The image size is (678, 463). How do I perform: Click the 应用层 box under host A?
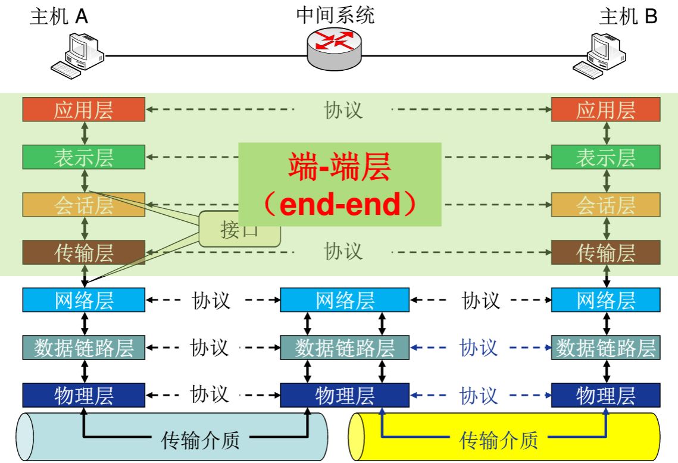pos(83,110)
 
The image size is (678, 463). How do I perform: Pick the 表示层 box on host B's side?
pos(605,158)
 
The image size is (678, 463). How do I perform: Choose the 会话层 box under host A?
pos(83,205)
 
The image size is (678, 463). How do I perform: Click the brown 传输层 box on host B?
pos(605,253)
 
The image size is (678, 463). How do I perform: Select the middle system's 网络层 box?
pos(345,301)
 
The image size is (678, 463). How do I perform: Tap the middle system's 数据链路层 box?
pos(345,348)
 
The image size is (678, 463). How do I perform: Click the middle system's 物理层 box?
pos(345,395)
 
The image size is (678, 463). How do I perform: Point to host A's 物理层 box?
pos(83,395)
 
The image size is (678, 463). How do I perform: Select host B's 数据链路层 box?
pos(605,348)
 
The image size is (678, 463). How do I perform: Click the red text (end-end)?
pos(339,204)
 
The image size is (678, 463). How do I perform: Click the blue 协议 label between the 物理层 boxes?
pos(479,395)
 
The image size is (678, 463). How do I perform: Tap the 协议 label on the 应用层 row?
pos(343,110)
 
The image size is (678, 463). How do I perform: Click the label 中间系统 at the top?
pos(335,15)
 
